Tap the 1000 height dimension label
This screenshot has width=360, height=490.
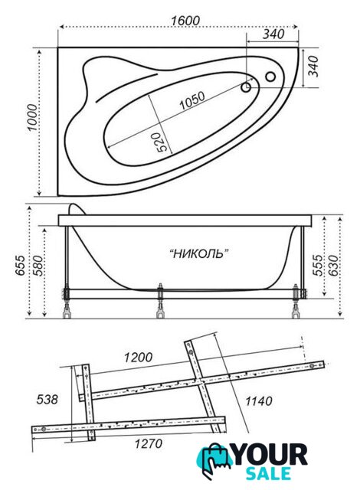pyautogui.click(x=32, y=117)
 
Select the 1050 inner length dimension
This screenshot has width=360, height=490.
pyautogui.click(x=192, y=100)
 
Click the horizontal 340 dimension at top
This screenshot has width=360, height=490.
pyautogui.click(x=273, y=34)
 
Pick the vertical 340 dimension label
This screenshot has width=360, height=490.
pyautogui.click(x=313, y=67)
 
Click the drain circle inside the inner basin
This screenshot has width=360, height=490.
pyautogui.click(x=246, y=87)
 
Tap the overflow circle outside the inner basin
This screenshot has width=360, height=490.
pyautogui.click(x=270, y=77)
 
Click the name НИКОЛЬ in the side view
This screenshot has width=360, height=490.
pyautogui.click(x=198, y=253)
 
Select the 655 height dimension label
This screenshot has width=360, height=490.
pyautogui.click(x=21, y=266)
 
